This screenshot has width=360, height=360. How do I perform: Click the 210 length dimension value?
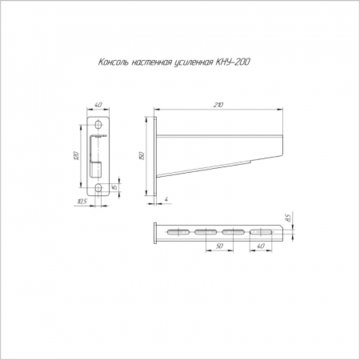(x=218, y=105)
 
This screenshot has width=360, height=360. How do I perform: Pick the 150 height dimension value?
(x=142, y=156)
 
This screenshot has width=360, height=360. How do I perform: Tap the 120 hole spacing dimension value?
(x=76, y=156)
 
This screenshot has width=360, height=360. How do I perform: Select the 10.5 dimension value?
(x=82, y=202)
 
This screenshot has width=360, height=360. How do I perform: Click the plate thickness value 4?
(x=166, y=199)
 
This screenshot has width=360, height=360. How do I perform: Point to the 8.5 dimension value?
(x=288, y=218)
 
